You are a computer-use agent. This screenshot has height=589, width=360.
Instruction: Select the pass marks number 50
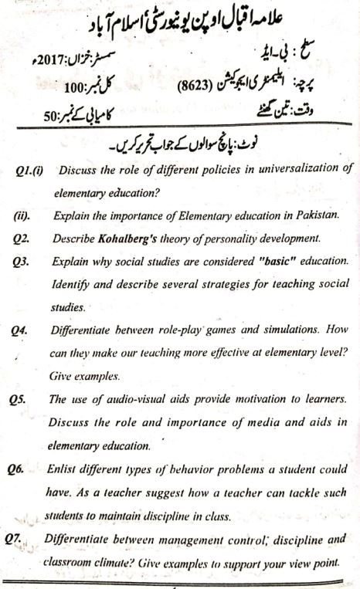point(53,117)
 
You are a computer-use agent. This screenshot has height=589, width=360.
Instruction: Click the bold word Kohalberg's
point(131,239)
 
